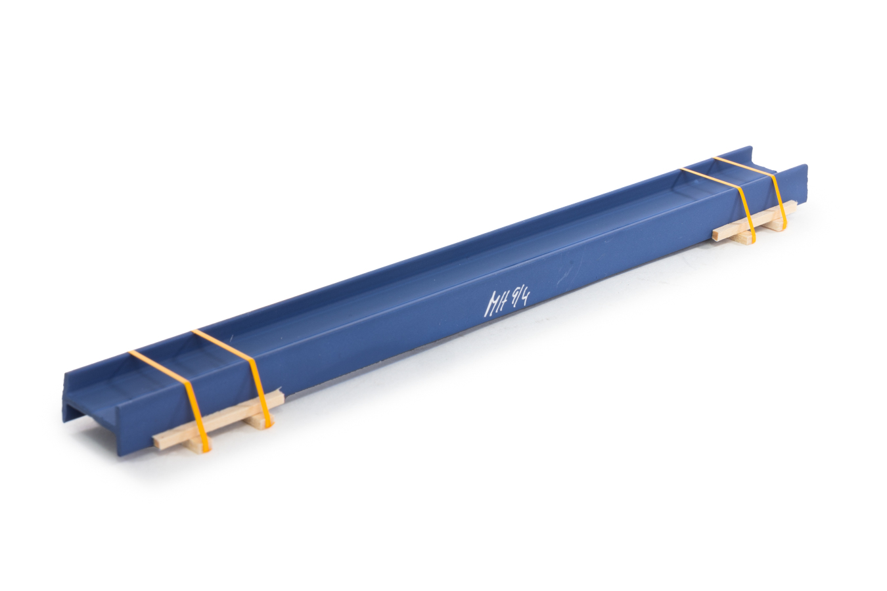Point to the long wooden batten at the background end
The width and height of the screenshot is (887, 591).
click(x=756, y=221)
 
